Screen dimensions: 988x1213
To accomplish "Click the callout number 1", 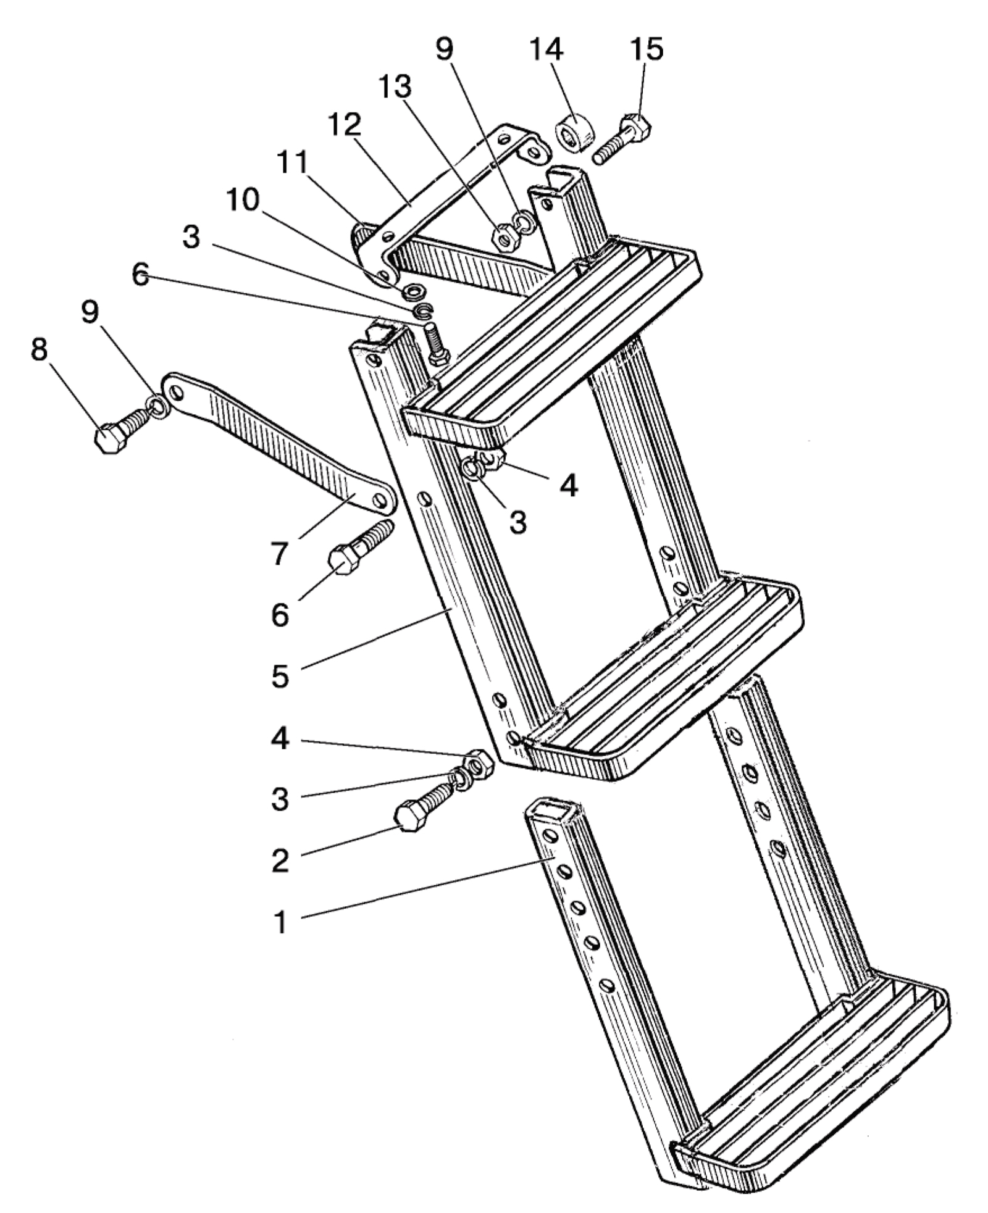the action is (281, 923).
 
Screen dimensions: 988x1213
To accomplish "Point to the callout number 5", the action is (281, 676).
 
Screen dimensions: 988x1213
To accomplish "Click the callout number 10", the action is (243, 201).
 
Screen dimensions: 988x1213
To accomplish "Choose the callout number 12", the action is (344, 127).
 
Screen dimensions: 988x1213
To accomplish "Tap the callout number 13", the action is (395, 88).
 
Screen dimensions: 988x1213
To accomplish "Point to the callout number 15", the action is (647, 49).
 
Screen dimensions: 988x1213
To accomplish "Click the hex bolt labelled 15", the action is (622, 138).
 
